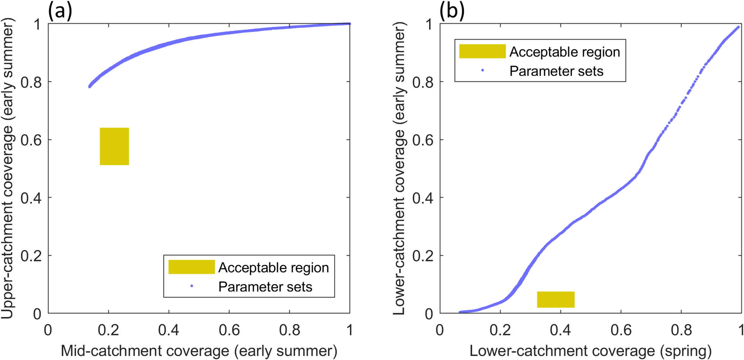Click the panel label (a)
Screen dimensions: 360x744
(x=60, y=11)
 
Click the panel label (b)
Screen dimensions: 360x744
(x=452, y=11)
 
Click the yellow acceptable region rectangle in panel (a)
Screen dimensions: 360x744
(x=114, y=146)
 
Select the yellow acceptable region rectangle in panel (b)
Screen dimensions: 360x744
(x=556, y=300)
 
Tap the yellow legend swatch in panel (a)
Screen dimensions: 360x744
(x=191, y=267)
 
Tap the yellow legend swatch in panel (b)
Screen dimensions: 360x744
(x=482, y=51)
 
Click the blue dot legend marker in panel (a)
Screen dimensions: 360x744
(x=192, y=286)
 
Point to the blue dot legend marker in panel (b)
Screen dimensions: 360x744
(x=483, y=71)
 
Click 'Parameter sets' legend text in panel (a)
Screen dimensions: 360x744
(x=265, y=287)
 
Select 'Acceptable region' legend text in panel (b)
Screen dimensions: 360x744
(x=565, y=52)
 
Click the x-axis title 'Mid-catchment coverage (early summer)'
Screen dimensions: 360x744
(x=199, y=351)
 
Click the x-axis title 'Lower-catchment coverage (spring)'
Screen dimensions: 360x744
(x=590, y=351)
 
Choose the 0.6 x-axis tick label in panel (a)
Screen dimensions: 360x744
(x=229, y=330)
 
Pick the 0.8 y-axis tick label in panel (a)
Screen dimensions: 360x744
(x=31, y=82)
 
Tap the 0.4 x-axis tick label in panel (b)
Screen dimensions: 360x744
(x=560, y=330)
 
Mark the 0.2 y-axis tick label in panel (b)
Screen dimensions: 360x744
(x=423, y=256)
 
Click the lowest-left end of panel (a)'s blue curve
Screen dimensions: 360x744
(x=90, y=86)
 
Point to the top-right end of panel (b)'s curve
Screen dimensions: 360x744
(x=738, y=27)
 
